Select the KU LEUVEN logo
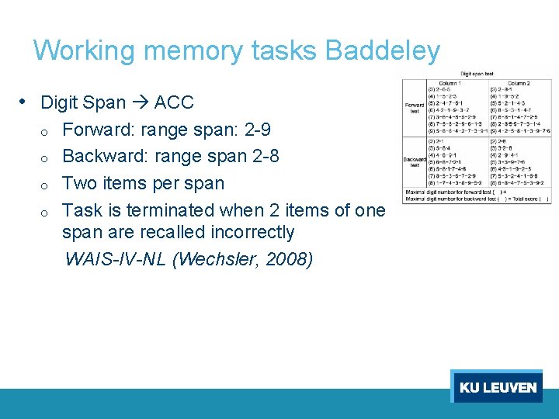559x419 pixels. tap(498, 386)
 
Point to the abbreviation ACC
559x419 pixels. tap(174, 102)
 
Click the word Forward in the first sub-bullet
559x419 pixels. tap(96, 130)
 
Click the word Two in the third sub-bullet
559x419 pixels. tap(78, 183)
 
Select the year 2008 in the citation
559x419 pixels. tap(286, 258)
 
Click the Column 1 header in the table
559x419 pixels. tap(450, 83)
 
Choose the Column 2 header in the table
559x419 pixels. tap(519, 83)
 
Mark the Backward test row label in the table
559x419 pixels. tap(414, 161)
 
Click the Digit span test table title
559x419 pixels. tap(477, 74)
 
